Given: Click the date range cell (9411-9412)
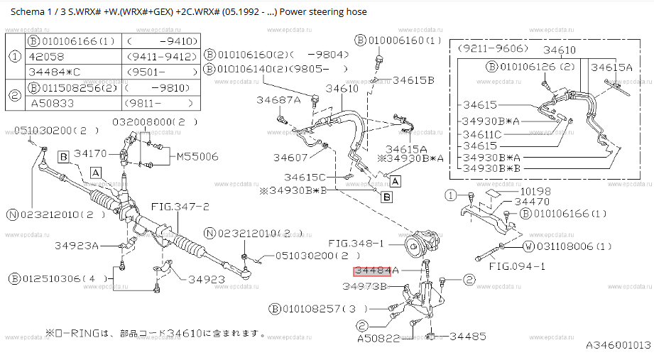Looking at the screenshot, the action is [161, 56].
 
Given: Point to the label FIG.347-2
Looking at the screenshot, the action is [180, 207].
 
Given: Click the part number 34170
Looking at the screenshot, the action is [90, 153].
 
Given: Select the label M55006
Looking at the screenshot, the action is [197, 157].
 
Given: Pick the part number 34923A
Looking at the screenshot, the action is [77, 246].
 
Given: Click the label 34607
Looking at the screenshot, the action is [290, 158].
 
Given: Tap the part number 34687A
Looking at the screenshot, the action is [278, 99].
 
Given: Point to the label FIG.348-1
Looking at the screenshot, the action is [356, 244].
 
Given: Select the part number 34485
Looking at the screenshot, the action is [467, 337].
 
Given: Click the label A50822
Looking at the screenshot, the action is [378, 338].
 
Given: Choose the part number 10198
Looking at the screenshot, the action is [535, 192].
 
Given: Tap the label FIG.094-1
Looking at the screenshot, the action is [517, 266].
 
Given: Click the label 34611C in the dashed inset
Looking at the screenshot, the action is [482, 135].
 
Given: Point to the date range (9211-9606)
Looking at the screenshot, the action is [493, 48].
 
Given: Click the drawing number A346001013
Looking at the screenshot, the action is [618, 345].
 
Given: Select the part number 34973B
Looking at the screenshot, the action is [364, 287].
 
